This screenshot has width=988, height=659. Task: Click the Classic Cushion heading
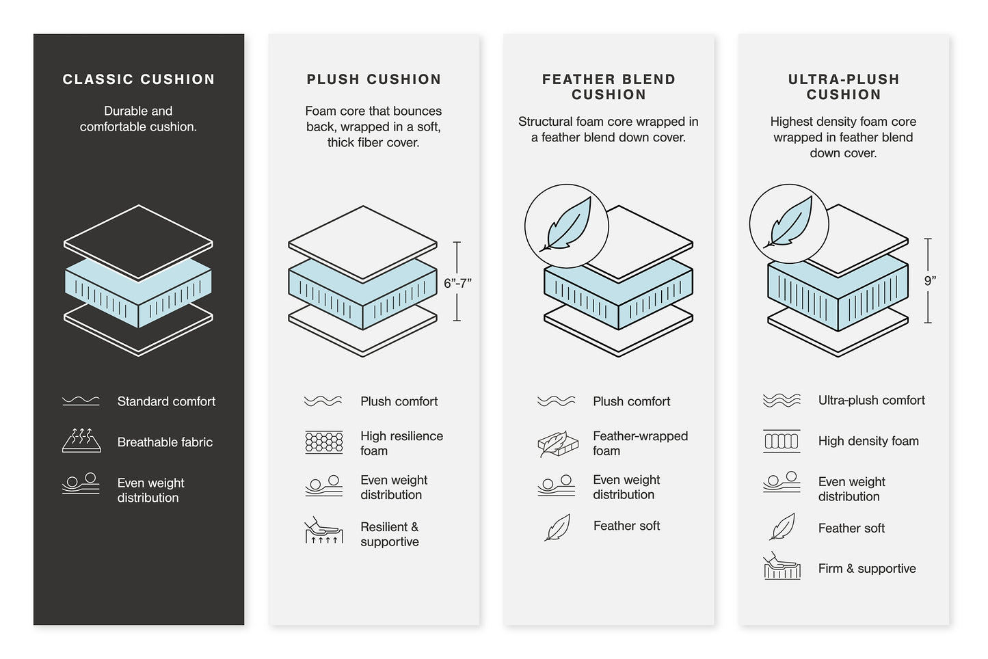(139, 79)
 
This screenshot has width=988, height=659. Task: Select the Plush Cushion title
(373, 79)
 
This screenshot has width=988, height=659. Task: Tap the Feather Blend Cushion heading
(609, 87)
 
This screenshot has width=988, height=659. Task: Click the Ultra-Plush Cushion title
(843, 87)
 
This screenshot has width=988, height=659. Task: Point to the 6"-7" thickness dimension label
(457, 283)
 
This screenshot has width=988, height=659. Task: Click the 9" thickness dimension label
(930, 280)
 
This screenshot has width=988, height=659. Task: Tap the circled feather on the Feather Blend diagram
(566, 226)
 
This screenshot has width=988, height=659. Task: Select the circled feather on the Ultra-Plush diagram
(789, 224)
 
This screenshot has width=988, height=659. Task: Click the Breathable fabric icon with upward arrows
(81, 441)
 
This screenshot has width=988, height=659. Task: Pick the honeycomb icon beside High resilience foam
(323, 442)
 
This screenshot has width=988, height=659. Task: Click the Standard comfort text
(166, 401)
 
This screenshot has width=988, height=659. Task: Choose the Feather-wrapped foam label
(640, 443)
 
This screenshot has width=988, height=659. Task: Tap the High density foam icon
(782, 441)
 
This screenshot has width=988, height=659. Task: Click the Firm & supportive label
(867, 568)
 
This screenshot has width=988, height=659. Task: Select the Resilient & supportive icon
(323, 530)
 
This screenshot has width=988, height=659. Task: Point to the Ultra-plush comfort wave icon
(782, 401)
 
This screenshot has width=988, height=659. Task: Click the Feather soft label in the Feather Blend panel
(626, 526)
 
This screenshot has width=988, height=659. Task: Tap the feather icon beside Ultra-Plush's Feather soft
(782, 527)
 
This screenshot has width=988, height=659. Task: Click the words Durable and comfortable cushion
(139, 118)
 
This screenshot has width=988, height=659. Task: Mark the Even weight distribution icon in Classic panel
(81, 483)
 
